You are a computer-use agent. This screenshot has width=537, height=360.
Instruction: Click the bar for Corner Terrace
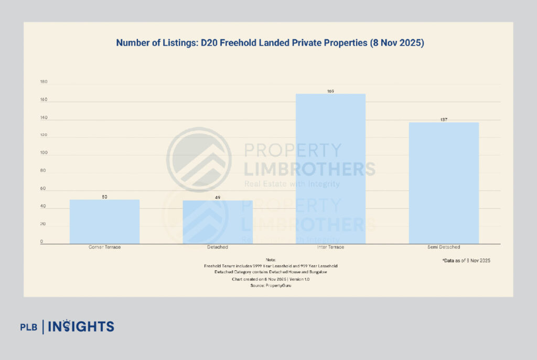click(x=105, y=221)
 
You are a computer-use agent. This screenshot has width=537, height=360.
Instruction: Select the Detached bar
click(x=218, y=222)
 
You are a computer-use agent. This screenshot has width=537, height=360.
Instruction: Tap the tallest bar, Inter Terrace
click(x=330, y=168)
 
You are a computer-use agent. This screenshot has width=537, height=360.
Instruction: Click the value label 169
click(x=330, y=91)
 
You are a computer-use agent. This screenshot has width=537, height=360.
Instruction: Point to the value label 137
click(x=444, y=120)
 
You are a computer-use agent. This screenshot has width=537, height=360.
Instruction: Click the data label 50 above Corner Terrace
click(x=105, y=197)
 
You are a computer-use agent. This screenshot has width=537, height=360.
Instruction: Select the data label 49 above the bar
click(x=218, y=198)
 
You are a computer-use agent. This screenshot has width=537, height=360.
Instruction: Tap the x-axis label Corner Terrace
click(x=105, y=247)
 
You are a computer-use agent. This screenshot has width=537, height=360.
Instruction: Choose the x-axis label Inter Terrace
click(x=330, y=247)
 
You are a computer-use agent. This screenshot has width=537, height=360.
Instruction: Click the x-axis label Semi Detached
click(x=444, y=247)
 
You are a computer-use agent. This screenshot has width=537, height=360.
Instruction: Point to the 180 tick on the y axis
click(x=44, y=82)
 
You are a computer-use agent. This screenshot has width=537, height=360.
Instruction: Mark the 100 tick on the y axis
click(x=44, y=153)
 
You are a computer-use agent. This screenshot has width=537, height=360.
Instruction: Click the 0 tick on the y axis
click(x=42, y=242)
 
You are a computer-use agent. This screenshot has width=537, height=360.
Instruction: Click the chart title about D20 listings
click(x=270, y=43)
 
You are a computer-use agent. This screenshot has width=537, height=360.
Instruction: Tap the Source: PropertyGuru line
click(x=271, y=286)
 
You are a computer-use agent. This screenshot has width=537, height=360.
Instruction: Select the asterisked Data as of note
click(x=466, y=260)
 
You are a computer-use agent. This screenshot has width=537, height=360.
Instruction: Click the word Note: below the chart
click(x=271, y=260)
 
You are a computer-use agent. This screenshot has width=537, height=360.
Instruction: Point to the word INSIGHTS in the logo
click(x=81, y=326)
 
